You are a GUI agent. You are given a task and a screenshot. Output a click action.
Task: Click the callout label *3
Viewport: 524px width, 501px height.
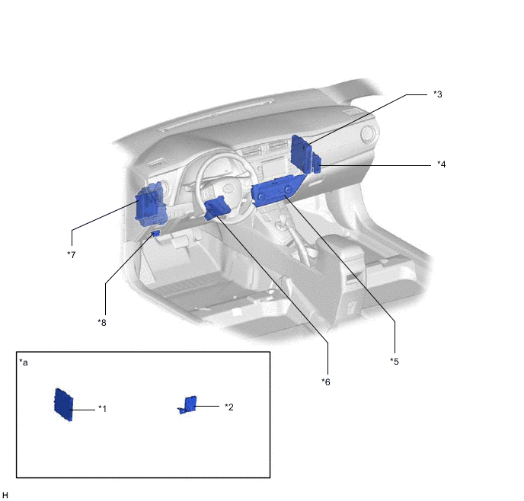(x=437, y=94)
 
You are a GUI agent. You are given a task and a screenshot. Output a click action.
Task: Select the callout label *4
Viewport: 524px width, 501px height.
(x=441, y=164)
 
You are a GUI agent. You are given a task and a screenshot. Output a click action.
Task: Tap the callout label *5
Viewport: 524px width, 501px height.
(x=395, y=362)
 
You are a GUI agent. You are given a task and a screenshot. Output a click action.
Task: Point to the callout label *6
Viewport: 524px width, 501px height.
(x=326, y=381)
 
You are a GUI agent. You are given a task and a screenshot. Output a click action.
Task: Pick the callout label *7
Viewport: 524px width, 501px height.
(x=71, y=255)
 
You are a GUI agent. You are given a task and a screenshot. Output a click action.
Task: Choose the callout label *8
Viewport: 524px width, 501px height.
(x=102, y=323)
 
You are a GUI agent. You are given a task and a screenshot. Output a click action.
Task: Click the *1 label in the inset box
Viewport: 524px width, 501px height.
(x=102, y=409)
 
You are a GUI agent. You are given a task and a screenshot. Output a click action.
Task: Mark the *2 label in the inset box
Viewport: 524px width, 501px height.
(x=229, y=407)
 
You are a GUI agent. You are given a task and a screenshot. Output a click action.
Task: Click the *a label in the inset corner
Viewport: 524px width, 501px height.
(x=24, y=362)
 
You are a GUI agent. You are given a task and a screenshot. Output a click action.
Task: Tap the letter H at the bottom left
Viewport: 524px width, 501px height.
(x=5, y=496)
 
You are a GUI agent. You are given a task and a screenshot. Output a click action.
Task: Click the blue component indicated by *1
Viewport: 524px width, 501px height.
(x=63, y=404)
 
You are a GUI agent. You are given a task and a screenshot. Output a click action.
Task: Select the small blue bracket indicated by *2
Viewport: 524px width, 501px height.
(x=188, y=405)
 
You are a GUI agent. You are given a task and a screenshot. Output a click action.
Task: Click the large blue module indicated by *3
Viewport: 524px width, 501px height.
(x=301, y=154)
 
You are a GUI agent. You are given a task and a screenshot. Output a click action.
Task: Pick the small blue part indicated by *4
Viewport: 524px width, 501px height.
(x=317, y=163)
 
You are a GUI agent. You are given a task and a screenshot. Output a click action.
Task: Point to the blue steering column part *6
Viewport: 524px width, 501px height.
(x=216, y=208)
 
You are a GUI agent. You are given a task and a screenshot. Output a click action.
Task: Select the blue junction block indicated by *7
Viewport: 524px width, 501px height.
(x=151, y=206)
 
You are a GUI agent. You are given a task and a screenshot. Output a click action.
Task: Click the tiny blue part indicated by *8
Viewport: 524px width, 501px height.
(x=156, y=233)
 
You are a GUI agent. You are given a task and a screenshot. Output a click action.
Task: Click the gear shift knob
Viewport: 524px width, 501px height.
(x=283, y=220)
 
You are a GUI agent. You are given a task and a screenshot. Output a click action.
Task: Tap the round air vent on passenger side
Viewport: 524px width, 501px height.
(x=369, y=134)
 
